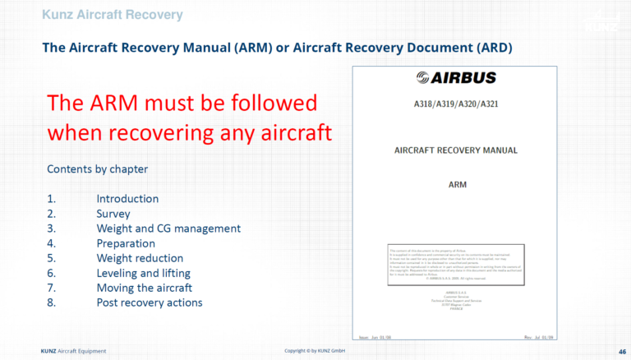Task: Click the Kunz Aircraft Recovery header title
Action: [112, 15]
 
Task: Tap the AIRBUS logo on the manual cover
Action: [457, 78]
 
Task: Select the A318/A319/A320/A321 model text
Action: [457, 106]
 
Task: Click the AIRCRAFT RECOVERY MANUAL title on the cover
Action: [457, 150]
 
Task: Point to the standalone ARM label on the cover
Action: [457, 184]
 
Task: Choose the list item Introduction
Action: [127, 199]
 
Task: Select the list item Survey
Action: [113, 214]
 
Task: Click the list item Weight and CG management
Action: [168, 228]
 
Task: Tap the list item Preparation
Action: [126, 243]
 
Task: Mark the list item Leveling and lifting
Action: [144, 273]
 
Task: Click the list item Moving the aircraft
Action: [145, 288]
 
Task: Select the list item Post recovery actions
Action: [150, 302]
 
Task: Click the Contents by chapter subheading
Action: [97, 169]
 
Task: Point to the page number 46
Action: [621, 352]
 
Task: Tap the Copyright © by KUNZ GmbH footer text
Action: [315, 352]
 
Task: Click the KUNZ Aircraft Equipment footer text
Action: [73, 352]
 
